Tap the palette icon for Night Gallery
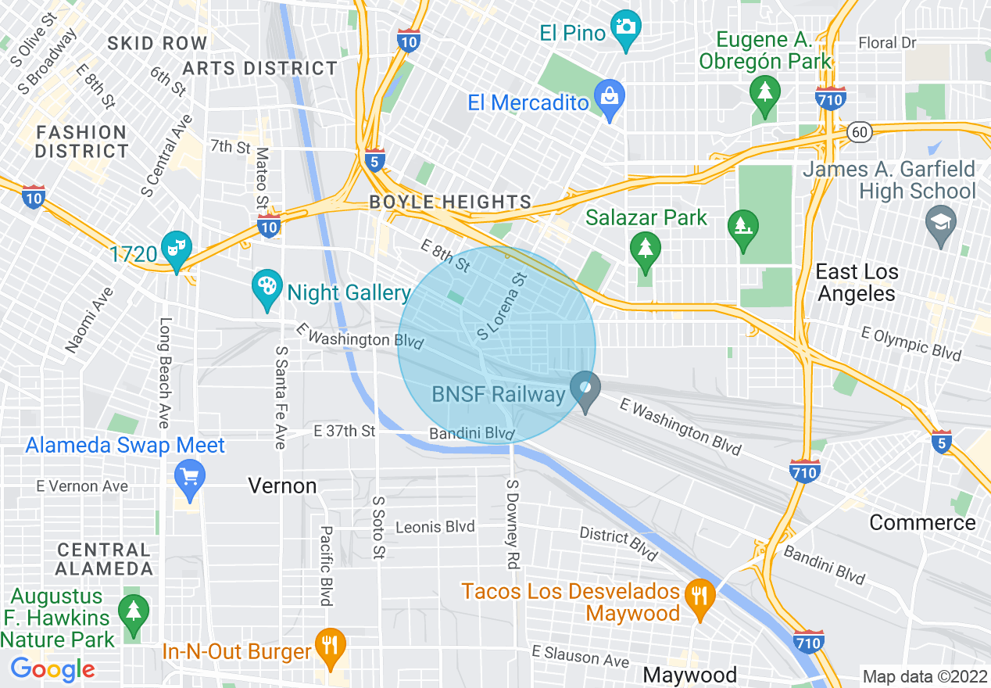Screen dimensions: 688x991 (x=267, y=287)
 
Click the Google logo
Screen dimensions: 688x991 (x=52, y=669)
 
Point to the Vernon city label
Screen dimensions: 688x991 (x=282, y=486)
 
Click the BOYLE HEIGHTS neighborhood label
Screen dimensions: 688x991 (x=450, y=202)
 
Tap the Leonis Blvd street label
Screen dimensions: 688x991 (x=435, y=527)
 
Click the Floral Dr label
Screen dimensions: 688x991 (x=887, y=43)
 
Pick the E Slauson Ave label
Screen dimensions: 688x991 (x=581, y=656)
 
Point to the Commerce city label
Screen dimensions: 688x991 (x=922, y=522)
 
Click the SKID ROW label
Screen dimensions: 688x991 (x=157, y=44)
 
